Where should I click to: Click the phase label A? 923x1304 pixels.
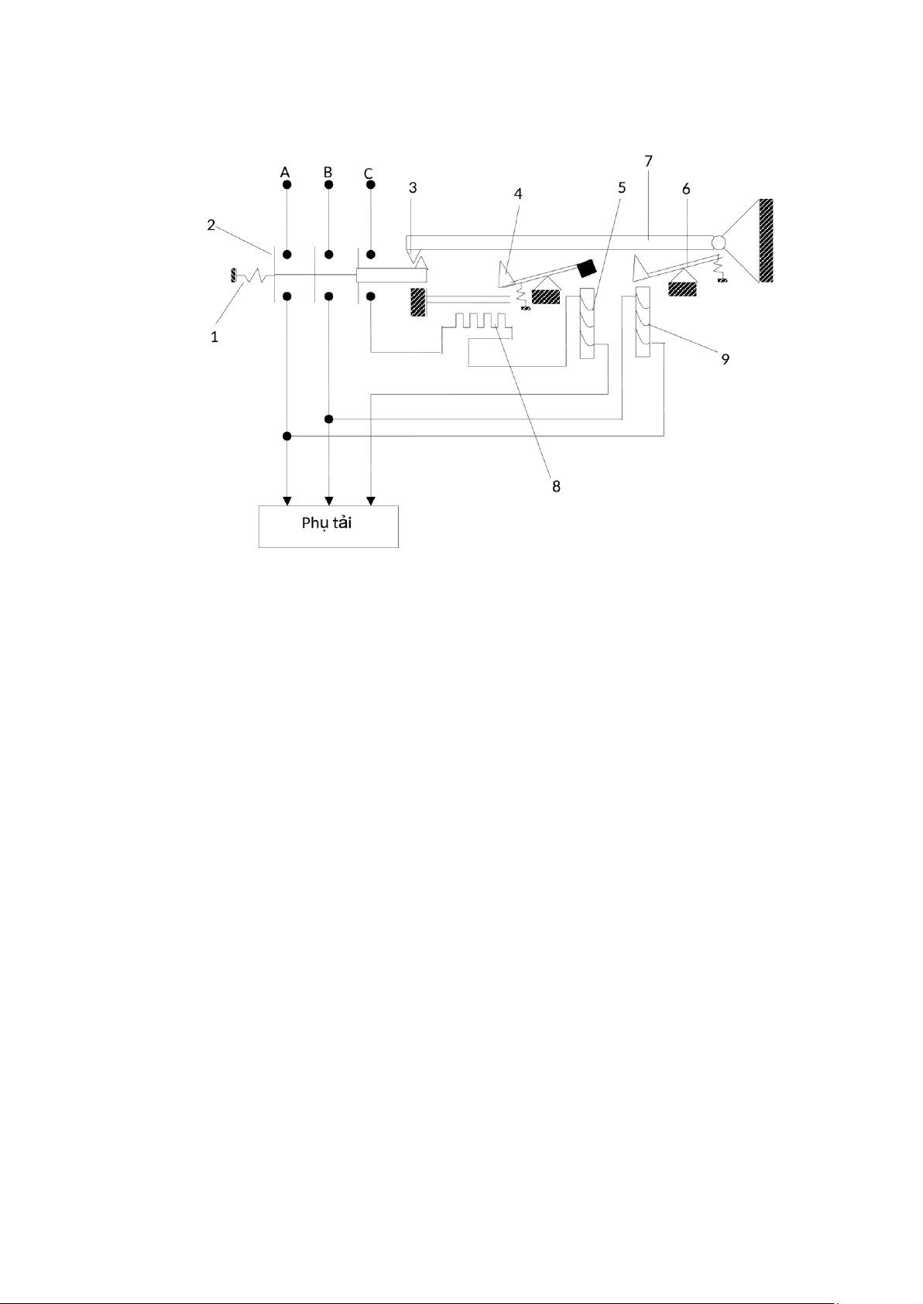pyautogui.click(x=285, y=173)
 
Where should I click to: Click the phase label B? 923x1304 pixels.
pyautogui.click(x=328, y=172)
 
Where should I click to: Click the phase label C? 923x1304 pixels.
pyautogui.click(x=369, y=173)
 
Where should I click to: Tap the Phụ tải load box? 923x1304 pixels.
pyautogui.click(x=328, y=526)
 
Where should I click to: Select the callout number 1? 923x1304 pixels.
pyautogui.click(x=214, y=337)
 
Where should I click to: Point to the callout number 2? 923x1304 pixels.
pyautogui.click(x=211, y=224)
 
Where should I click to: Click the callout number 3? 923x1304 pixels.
pyautogui.click(x=413, y=188)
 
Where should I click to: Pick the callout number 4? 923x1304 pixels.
pyautogui.click(x=518, y=193)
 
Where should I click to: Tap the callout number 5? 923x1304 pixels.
pyautogui.click(x=621, y=188)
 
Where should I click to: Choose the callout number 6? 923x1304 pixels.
pyautogui.click(x=686, y=189)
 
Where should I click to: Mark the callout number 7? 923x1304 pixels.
pyautogui.click(x=648, y=161)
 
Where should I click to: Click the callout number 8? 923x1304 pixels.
pyautogui.click(x=556, y=486)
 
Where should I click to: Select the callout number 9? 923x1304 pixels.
pyautogui.click(x=725, y=359)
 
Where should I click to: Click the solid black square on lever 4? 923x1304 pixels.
pyautogui.click(x=588, y=267)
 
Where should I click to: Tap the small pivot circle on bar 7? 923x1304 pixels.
pyautogui.click(x=718, y=242)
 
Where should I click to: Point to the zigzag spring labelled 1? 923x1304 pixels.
pyautogui.click(x=252, y=276)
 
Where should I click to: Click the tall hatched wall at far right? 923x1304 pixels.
pyautogui.click(x=766, y=240)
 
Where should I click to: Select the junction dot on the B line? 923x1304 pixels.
pyautogui.click(x=328, y=419)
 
